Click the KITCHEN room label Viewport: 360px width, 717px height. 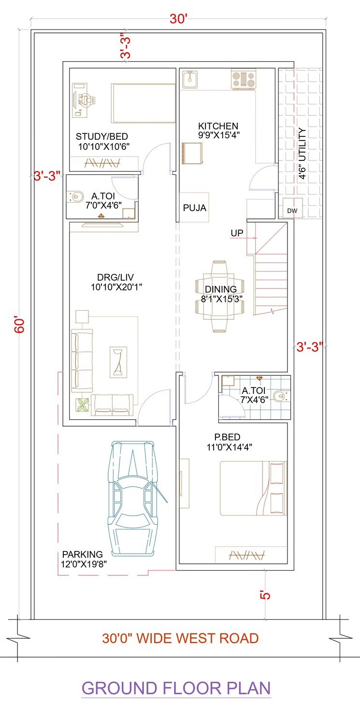coord(218,126)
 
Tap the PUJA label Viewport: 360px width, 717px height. coord(194,208)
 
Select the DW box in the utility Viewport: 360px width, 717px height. coord(292,211)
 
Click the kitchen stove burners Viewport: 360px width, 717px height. coord(243,79)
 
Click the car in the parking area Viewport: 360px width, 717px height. coord(133,498)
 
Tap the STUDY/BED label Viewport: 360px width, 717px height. coord(102,137)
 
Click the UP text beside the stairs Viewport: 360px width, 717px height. coord(237,233)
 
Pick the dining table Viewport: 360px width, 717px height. coord(219,296)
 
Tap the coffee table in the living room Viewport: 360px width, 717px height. coord(117,362)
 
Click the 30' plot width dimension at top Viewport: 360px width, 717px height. coord(178,19)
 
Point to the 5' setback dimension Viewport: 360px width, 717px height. coord(265,594)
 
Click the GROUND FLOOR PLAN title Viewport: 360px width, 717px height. coord(176,688)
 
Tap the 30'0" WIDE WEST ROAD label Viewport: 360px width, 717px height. coord(180,638)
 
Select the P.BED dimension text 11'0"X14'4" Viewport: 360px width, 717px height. coord(230,447)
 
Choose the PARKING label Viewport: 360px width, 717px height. coord(82,554)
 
